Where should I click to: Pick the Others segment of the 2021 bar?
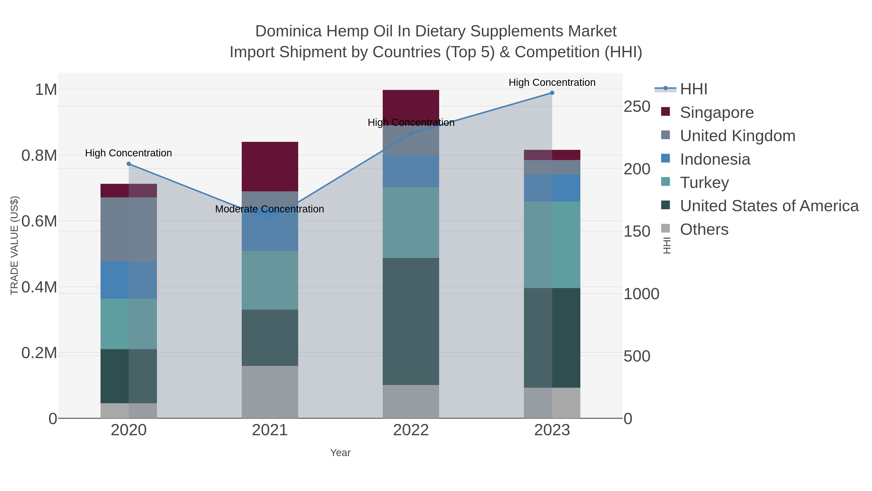270,392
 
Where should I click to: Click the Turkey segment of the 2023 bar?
552,245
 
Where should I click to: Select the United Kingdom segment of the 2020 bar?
129,229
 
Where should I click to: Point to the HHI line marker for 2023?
552,93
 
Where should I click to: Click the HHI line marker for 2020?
129,164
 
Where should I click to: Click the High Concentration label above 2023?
552,82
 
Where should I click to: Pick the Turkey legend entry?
704,183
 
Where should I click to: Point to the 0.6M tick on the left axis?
39,221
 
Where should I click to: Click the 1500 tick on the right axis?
637,232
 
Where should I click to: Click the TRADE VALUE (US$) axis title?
14,245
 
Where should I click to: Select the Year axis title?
340,453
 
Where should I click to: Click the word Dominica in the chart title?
288,31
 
